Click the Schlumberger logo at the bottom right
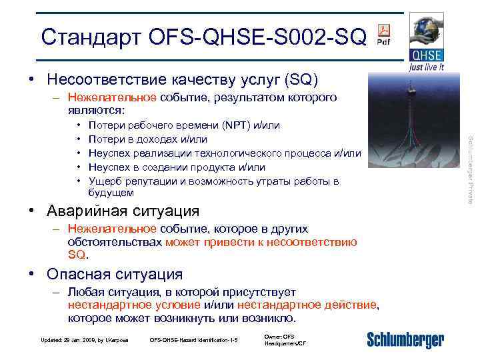click(405, 340)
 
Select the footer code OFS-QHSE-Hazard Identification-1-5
click(194, 340)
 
